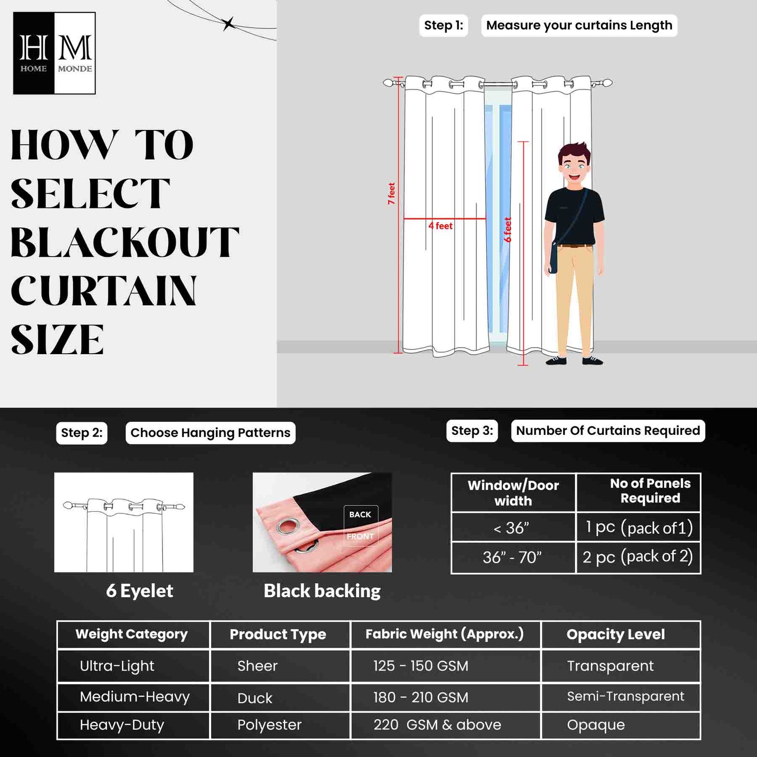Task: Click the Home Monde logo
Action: tap(54, 53)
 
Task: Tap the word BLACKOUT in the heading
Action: tap(125, 243)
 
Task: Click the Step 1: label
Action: tap(443, 25)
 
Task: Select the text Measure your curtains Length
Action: tap(579, 25)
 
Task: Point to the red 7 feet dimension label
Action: tap(391, 193)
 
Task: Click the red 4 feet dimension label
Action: tap(441, 226)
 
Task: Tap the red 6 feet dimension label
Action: tap(507, 229)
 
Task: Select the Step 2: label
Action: tap(82, 433)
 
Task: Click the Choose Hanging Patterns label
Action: tap(210, 433)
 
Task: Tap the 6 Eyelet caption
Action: tap(139, 591)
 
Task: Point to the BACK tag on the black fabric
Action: tap(360, 514)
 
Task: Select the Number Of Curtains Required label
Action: tap(608, 431)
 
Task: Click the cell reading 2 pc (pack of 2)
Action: tap(638, 556)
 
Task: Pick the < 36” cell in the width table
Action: tap(512, 528)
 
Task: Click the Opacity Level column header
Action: tap(616, 634)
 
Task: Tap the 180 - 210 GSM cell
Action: tap(421, 697)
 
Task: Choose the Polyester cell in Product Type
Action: tap(269, 725)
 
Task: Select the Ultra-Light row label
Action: tap(117, 666)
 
